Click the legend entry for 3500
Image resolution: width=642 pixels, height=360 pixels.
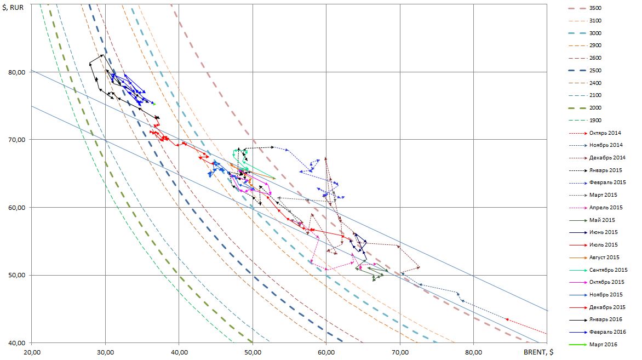(594, 8)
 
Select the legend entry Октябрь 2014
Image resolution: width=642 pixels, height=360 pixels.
(606, 133)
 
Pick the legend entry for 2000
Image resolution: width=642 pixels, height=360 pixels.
(594, 108)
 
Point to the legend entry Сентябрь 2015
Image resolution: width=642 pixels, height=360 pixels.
(607, 270)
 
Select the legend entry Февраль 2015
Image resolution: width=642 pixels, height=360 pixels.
(606, 182)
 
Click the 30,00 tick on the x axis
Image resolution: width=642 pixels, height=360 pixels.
(106, 352)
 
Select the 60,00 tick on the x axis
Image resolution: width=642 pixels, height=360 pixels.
(326, 352)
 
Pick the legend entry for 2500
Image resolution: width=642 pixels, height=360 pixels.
(594, 71)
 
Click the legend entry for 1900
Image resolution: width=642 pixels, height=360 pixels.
(594, 121)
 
